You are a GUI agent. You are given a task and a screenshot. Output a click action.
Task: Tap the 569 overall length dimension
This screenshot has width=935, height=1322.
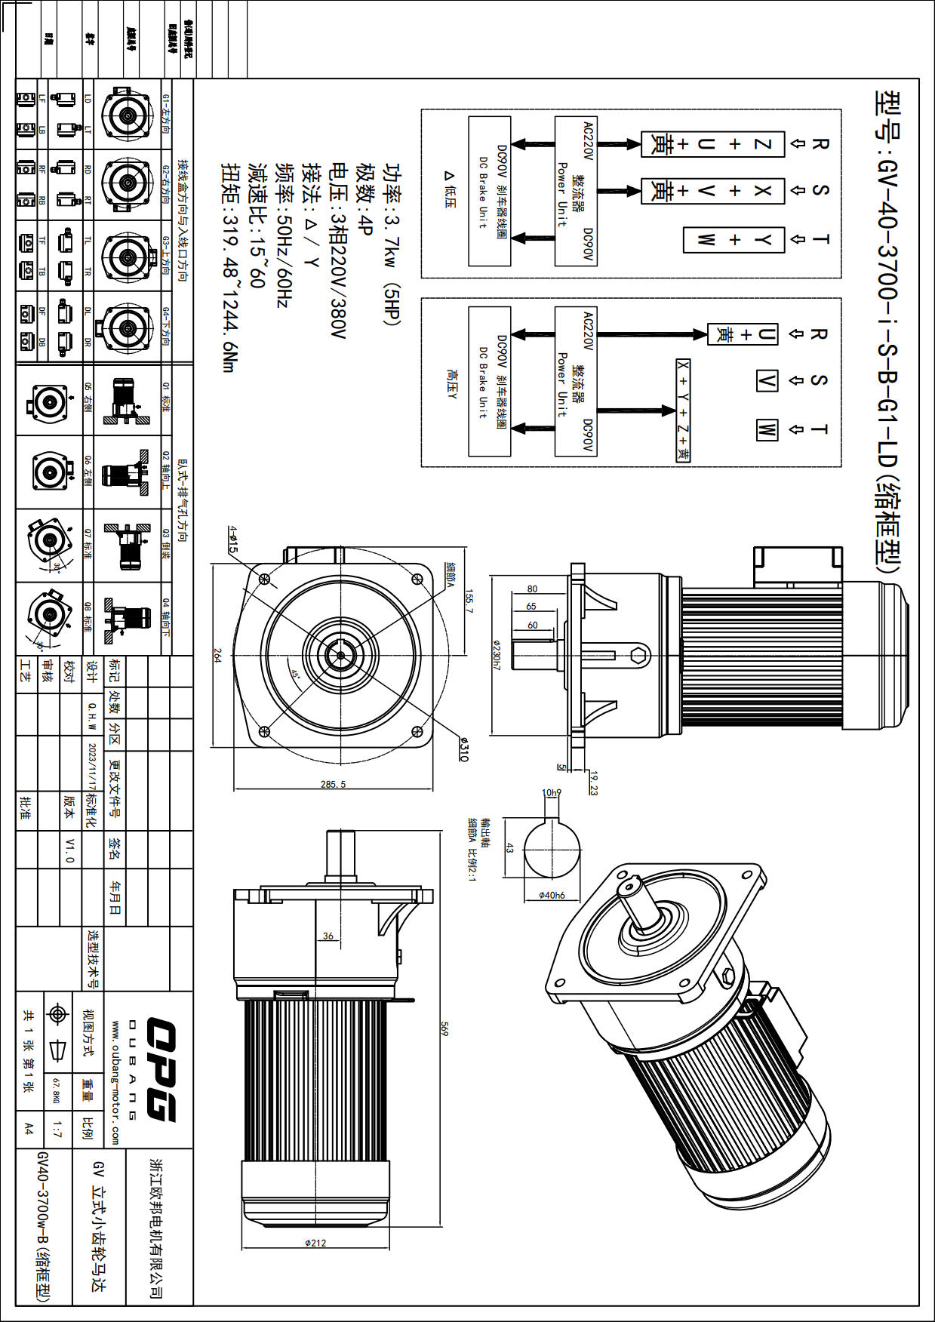pos(444,1028)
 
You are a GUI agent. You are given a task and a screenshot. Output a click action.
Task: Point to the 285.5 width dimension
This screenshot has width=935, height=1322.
pos(333,784)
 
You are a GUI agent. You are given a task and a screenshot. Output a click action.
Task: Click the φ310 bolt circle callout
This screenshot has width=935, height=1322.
pos(463,750)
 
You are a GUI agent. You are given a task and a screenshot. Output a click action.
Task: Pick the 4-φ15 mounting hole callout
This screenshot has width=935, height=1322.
pos(233,540)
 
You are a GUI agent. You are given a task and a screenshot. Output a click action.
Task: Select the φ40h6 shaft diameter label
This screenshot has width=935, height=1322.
pos(552,895)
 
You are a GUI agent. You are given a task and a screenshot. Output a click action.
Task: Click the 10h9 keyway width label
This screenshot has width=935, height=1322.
pos(552,793)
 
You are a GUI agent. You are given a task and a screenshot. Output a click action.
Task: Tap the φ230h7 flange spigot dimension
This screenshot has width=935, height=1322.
pos(496,654)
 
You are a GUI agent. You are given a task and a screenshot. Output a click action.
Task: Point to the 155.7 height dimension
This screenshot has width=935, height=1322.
pos(469,601)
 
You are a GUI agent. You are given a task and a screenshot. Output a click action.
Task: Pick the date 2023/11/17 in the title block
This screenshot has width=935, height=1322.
pos(92,767)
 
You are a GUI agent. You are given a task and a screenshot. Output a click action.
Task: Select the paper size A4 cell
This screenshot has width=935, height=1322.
pos(29,1129)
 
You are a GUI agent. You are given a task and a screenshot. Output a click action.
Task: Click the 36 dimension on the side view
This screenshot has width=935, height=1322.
pos(328,936)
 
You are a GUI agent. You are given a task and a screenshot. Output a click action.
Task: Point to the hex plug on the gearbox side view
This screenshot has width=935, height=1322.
pos(639,654)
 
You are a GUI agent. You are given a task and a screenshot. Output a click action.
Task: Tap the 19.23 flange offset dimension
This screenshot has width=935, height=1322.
pos(593,783)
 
